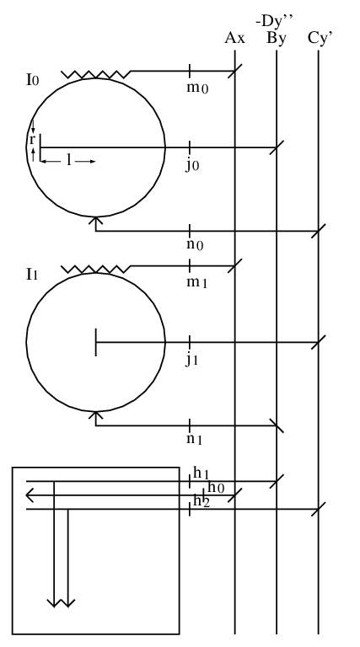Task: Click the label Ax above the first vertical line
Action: pos(234,38)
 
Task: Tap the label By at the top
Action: pos(277,39)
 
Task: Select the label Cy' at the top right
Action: pos(320,39)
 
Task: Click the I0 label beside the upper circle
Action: pos(33,79)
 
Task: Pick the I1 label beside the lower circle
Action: pos(32,274)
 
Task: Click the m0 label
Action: pos(198,88)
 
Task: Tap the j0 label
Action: pos(192,164)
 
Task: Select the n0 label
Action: pos(195,244)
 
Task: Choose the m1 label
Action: pos(197,282)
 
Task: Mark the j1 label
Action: pos(192,360)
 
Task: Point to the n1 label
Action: pos(195,439)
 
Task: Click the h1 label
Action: pos(201,473)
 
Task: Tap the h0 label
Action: pos(216,487)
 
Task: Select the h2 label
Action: pos(201,501)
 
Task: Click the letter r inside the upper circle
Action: pos(32,140)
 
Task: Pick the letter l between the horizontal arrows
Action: pos(69,160)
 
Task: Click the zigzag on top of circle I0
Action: pos(96,74)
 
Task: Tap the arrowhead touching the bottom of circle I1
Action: pos(96,414)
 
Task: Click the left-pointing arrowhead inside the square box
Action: pos(29,495)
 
